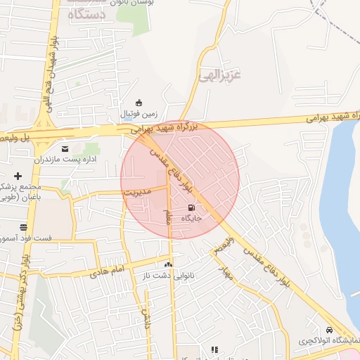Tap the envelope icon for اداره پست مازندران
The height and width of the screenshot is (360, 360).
point(65,149)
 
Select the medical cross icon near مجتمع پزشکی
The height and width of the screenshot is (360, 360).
point(18,175)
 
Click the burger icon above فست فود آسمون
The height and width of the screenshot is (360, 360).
point(24,227)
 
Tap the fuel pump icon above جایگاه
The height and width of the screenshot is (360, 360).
point(192,208)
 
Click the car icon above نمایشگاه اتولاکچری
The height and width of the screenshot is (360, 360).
point(328,330)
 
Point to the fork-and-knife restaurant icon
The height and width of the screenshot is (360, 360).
point(214,349)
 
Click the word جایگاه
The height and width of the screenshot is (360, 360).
point(192,219)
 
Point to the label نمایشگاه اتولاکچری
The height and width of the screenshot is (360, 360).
point(329,341)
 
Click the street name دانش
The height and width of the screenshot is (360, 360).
point(146,321)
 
